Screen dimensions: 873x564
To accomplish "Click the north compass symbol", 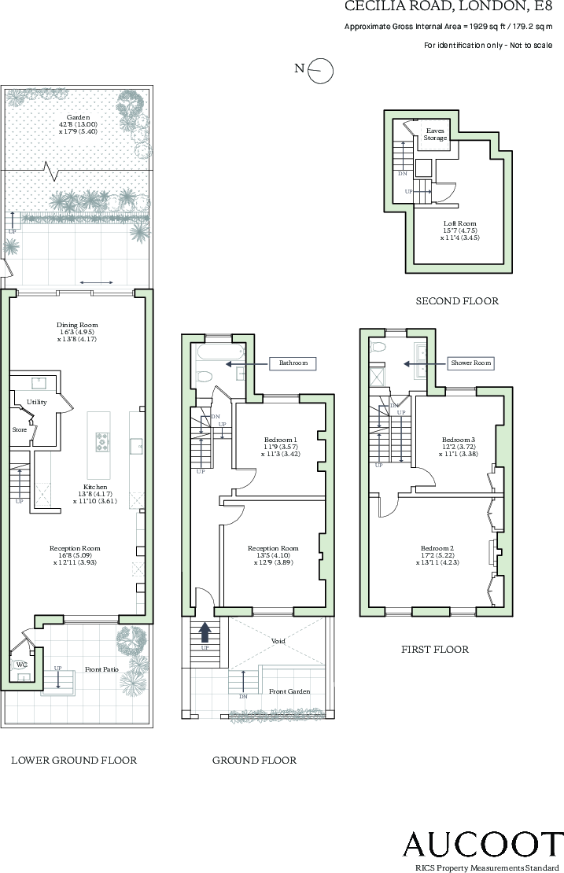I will tap(321, 71).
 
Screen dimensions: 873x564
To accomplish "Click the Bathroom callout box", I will tap(293, 363).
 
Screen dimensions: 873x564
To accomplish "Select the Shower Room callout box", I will tap(470, 363).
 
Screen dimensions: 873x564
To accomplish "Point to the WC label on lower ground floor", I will tap(21, 664).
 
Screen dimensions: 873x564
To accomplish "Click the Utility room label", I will tap(38, 402).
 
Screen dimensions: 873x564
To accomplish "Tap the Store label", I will tap(20, 429).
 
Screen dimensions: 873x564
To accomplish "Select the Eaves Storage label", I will tap(436, 134).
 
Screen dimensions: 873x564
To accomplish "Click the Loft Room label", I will tap(459, 223).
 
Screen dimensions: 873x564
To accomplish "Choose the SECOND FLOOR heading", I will tap(457, 301).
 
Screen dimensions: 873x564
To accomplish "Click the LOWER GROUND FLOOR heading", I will tap(74, 761).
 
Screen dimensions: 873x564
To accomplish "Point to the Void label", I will tap(278, 641).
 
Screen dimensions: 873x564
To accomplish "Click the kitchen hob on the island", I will tap(102, 444).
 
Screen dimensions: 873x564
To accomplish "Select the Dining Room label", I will tap(77, 325).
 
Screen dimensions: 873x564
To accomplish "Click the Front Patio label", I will tap(104, 669).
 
